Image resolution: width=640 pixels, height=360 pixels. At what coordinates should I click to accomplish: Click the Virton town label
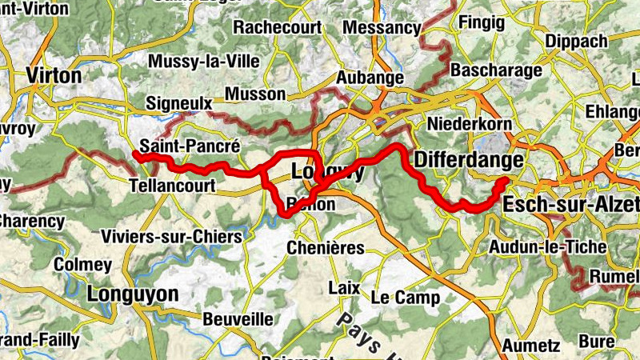[54, 75]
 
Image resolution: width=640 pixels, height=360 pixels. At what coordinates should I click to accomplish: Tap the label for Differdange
[469, 161]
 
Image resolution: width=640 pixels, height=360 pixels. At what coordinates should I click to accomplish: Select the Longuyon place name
[133, 294]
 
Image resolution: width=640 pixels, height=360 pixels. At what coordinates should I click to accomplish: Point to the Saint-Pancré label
[190, 146]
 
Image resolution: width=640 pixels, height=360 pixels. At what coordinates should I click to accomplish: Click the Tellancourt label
[173, 185]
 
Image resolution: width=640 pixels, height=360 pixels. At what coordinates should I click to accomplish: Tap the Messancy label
[381, 28]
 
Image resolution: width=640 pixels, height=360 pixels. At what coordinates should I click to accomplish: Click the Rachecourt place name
[278, 28]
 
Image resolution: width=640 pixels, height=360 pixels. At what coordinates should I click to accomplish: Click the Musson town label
[255, 94]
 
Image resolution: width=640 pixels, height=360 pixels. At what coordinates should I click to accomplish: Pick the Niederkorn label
[468, 124]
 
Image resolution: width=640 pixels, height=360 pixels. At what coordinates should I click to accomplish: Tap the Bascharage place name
[496, 71]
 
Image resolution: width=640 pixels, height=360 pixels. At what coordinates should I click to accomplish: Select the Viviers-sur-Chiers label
[172, 237]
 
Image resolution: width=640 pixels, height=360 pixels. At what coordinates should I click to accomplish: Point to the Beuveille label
[238, 319]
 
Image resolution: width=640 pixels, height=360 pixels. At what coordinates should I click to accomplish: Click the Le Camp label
[406, 298]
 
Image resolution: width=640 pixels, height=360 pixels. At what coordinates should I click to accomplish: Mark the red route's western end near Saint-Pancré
[135, 155]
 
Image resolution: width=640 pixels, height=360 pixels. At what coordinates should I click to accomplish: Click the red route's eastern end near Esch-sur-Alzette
[503, 181]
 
